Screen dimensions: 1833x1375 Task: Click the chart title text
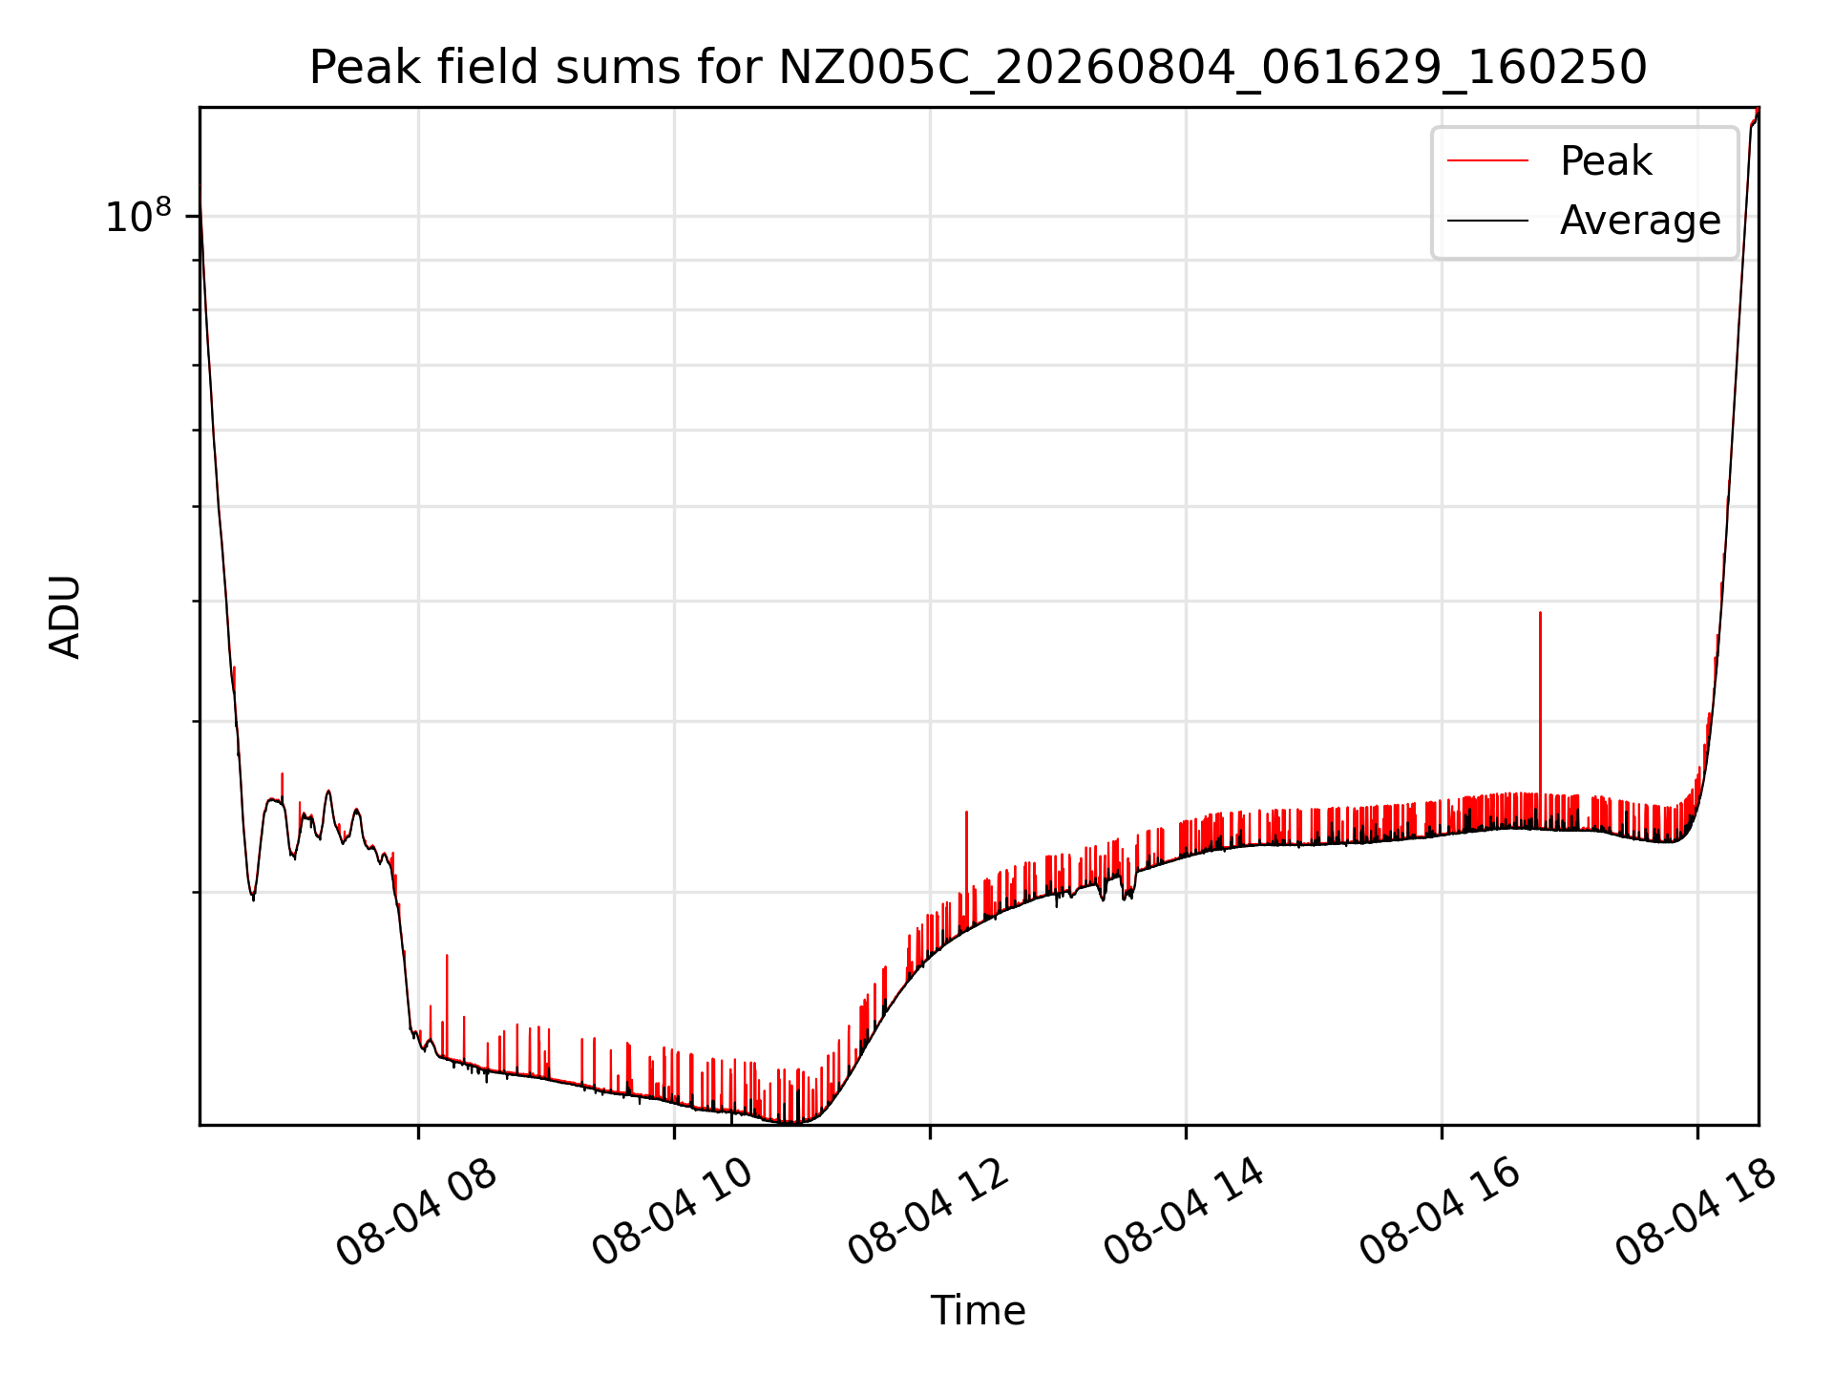point(978,68)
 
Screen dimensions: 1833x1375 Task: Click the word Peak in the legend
point(1606,160)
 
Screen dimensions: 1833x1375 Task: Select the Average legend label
point(1640,221)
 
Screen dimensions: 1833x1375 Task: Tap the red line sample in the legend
point(1487,160)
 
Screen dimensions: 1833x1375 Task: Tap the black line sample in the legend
point(1487,221)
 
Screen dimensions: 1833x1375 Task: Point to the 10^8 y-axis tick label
point(137,216)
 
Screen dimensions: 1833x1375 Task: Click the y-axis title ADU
point(65,617)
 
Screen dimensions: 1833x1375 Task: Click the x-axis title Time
point(978,1310)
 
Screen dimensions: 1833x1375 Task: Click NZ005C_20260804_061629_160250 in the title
point(1212,68)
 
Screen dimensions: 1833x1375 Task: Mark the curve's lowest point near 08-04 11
point(790,1123)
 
